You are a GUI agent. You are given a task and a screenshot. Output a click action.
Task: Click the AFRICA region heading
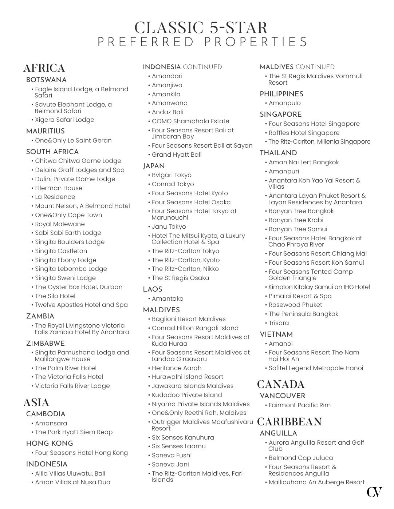44,68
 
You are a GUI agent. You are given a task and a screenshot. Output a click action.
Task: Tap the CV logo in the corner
374,492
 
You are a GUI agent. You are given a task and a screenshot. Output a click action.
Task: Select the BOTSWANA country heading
46,80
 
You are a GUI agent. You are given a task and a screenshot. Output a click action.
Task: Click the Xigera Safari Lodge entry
64,120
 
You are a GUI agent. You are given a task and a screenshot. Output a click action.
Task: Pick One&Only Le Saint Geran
73,140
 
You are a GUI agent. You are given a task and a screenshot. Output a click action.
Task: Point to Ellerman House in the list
59,188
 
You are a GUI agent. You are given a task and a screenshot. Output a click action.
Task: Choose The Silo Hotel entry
55,296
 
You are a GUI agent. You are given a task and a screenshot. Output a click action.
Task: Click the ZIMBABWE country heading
46,344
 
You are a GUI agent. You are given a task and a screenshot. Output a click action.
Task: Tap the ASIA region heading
36,403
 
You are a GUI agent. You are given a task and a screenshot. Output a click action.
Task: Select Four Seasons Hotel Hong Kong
81,453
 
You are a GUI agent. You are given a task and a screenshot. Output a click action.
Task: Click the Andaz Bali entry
168,112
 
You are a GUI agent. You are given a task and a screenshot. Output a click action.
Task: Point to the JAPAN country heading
154,166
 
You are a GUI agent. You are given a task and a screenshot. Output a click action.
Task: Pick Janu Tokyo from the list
169,227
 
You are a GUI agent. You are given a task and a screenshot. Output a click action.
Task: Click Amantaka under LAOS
168,298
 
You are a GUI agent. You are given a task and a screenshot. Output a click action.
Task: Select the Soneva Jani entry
170,464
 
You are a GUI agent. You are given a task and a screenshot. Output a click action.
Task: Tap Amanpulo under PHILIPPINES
284,103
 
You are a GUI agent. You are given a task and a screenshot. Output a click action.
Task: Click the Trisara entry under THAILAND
279,323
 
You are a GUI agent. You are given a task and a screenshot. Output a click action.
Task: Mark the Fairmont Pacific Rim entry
299,405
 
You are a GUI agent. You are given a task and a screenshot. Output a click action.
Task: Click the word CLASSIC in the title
169,28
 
